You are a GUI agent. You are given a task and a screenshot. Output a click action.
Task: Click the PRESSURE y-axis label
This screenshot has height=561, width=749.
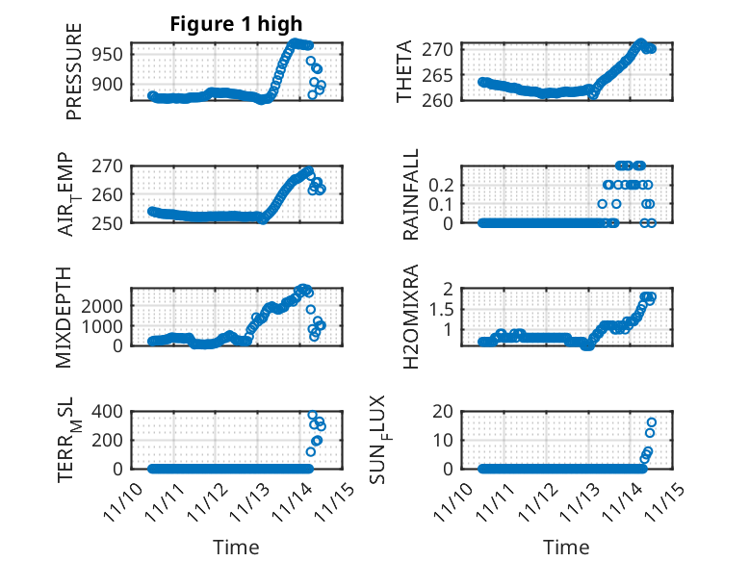[74, 86]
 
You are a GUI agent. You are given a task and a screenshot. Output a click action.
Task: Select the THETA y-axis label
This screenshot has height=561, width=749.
[404, 72]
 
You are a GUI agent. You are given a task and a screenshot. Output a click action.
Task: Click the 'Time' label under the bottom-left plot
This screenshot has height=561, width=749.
[236, 547]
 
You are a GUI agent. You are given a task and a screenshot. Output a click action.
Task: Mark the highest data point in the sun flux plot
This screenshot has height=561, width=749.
[652, 422]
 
